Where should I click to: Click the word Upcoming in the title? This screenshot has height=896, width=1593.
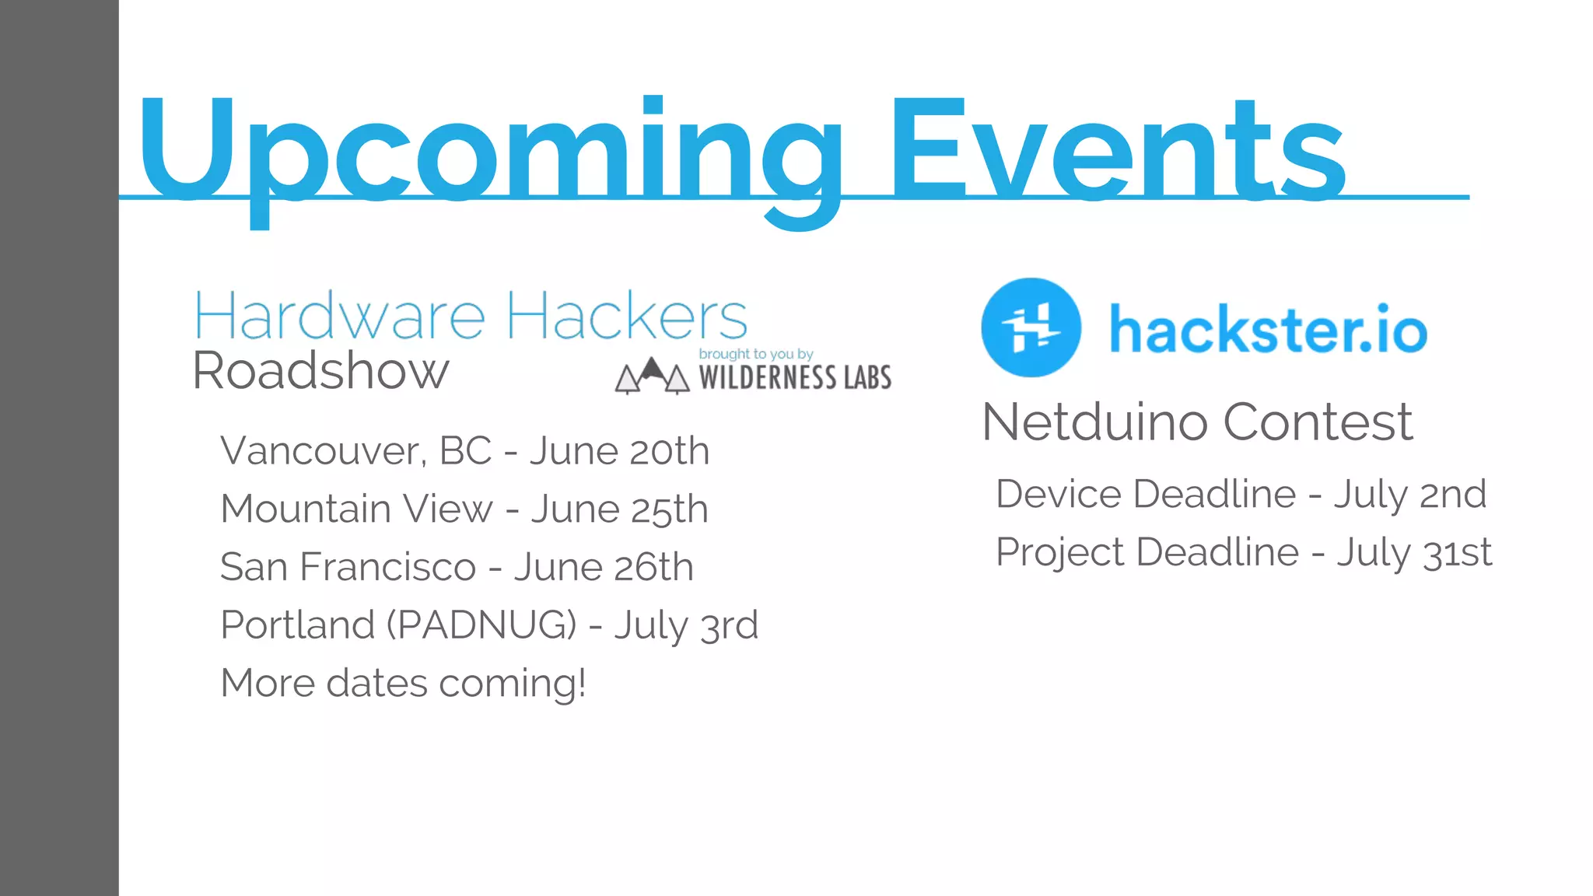pyautogui.click(x=490, y=152)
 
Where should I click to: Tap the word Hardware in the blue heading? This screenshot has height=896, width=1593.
pyautogui.click(x=340, y=317)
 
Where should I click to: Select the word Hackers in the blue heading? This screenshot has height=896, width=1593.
pyautogui.click(x=627, y=317)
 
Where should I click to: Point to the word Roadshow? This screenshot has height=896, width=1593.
pyautogui.click(x=320, y=371)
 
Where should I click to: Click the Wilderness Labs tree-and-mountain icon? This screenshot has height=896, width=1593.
pyautogui.click(x=652, y=376)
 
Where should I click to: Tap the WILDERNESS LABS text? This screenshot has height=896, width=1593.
pyautogui.click(x=795, y=378)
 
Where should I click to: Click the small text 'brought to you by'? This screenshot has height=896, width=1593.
pyautogui.click(x=755, y=354)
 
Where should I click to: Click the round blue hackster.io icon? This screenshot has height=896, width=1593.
pyautogui.click(x=1031, y=327)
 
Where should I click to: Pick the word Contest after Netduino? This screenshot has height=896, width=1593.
pyautogui.click(x=1318, y=422)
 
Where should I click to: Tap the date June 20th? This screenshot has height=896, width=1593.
pyautogui.click(x=619, y=451)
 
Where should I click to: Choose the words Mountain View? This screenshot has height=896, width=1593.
pyautogui.click(x=356, y=509)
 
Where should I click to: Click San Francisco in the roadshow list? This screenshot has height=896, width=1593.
pyautogui.click(x=348, y=567)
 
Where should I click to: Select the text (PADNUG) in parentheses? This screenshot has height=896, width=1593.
pyautogui.click(x=482, y=625)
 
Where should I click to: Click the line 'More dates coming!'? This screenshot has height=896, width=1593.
pyautogui.click(x=403, y=684)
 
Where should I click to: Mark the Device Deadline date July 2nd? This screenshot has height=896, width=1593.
pyautogui.click(x=1410, y=495)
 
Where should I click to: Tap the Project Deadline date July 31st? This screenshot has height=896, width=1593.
pyautogui.click(x=1414, y=553)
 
